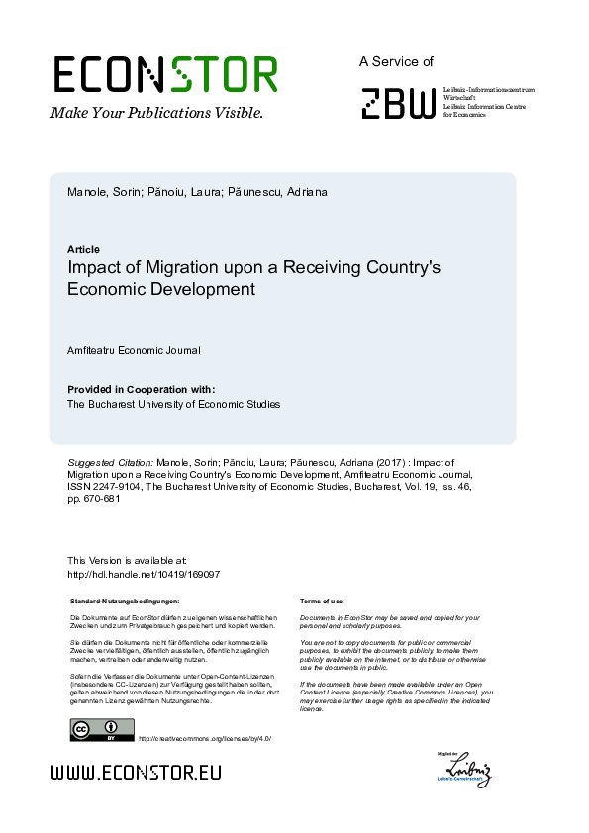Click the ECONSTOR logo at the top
tap(164, 75)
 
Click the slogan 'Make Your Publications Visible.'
tap(157, 112)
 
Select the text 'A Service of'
tap(396, 61)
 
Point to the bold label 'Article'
tap(83, 249)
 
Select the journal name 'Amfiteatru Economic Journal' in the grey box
tap(134, 350)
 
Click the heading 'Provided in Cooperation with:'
tap(141, 389)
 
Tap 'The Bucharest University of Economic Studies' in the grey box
tap(173, 404)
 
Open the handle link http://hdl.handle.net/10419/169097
tap(143, 574)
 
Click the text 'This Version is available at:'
tap(126, 561)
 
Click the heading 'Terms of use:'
tap(322, 601)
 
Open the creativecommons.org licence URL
tap(204, 738)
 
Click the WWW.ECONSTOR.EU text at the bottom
tap(136, 773)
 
